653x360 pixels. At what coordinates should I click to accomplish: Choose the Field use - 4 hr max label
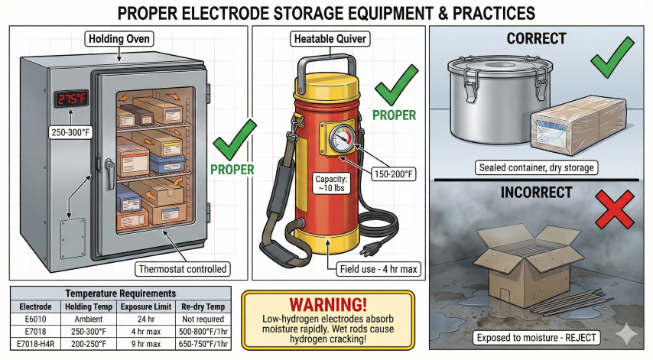point(379,268)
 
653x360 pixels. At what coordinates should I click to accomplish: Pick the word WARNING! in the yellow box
point(327,302)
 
